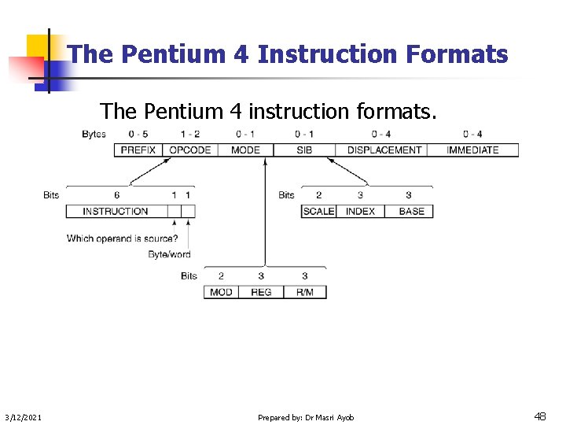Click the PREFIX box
click(138, 150)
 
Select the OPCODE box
click(190, 150)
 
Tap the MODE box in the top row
click(245, 150)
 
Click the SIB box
click(304, 150)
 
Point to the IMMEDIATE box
click(472, 150)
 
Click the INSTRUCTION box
click(116, 211)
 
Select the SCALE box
click(318, 211)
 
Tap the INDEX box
click(361, 211)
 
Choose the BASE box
click(411, 211)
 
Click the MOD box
click(221, 292)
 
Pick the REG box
click(261, 292)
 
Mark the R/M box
click(304, 292)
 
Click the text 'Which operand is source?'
click(122, 238)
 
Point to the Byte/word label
click(169, 254)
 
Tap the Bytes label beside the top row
click(94, 134)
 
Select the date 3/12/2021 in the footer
click(24, 417)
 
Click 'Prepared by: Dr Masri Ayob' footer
click(306, 417)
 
